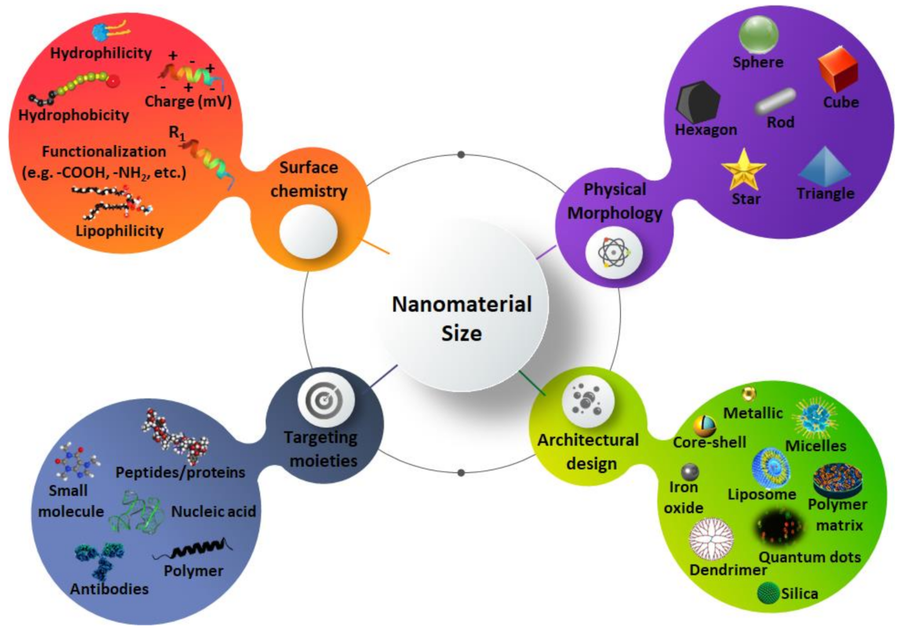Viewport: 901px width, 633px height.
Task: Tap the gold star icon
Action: pyautogui.click(x=743, y=169)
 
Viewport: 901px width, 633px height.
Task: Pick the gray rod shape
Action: pyautogui.click(x=775, y=101)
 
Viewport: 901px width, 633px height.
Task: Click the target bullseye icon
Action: pyautogui.click(x=325, y=400)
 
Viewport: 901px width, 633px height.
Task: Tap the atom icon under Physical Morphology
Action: pyautogui.click(x=614, y=251)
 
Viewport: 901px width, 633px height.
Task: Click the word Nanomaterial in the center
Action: pyautogui.click(x=461, y=304)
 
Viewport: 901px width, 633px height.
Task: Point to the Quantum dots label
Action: pyautogui.click(x=809, y=557)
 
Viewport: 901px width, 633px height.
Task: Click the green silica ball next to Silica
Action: pyautogui.click(x=768, y=593)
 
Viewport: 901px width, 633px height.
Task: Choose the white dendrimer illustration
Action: pyautogui.click(x=711, y=539)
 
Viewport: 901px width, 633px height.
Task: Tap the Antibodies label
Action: pyautogui.click(x=109, y=589)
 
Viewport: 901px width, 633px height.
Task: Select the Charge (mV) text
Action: pyautogui.click(x=188, y=102)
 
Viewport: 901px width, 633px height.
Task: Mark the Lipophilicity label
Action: pyautogui.click(x=119, y=230)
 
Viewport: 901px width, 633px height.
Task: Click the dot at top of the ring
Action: pyautogui.click(x=461, y=155)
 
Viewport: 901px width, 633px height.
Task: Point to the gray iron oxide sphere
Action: pyautogui.click(x=690, y=471)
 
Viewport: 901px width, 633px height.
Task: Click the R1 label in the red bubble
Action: pyautogui.click(x=177, y=132)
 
